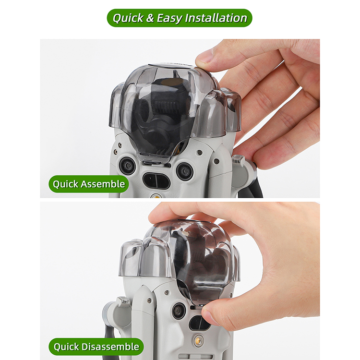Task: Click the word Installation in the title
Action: point(216,18)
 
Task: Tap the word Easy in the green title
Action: point(169,18)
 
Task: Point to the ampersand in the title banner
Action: point(150,18)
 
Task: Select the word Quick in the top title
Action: point(128,18)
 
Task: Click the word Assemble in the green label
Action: point(103,184)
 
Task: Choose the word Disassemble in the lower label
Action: point(110,347)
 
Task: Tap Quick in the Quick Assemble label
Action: point(66,184)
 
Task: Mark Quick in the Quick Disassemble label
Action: point(66,347)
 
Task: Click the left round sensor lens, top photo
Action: point(127,166)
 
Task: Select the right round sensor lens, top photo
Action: point(185,171)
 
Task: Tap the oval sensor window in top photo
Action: point(156,180)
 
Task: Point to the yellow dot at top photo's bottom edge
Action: point(156,196)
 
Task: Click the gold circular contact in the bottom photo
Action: point(198,340)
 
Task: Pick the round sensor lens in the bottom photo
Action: point(179,311)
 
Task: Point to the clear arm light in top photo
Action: point(238,160)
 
